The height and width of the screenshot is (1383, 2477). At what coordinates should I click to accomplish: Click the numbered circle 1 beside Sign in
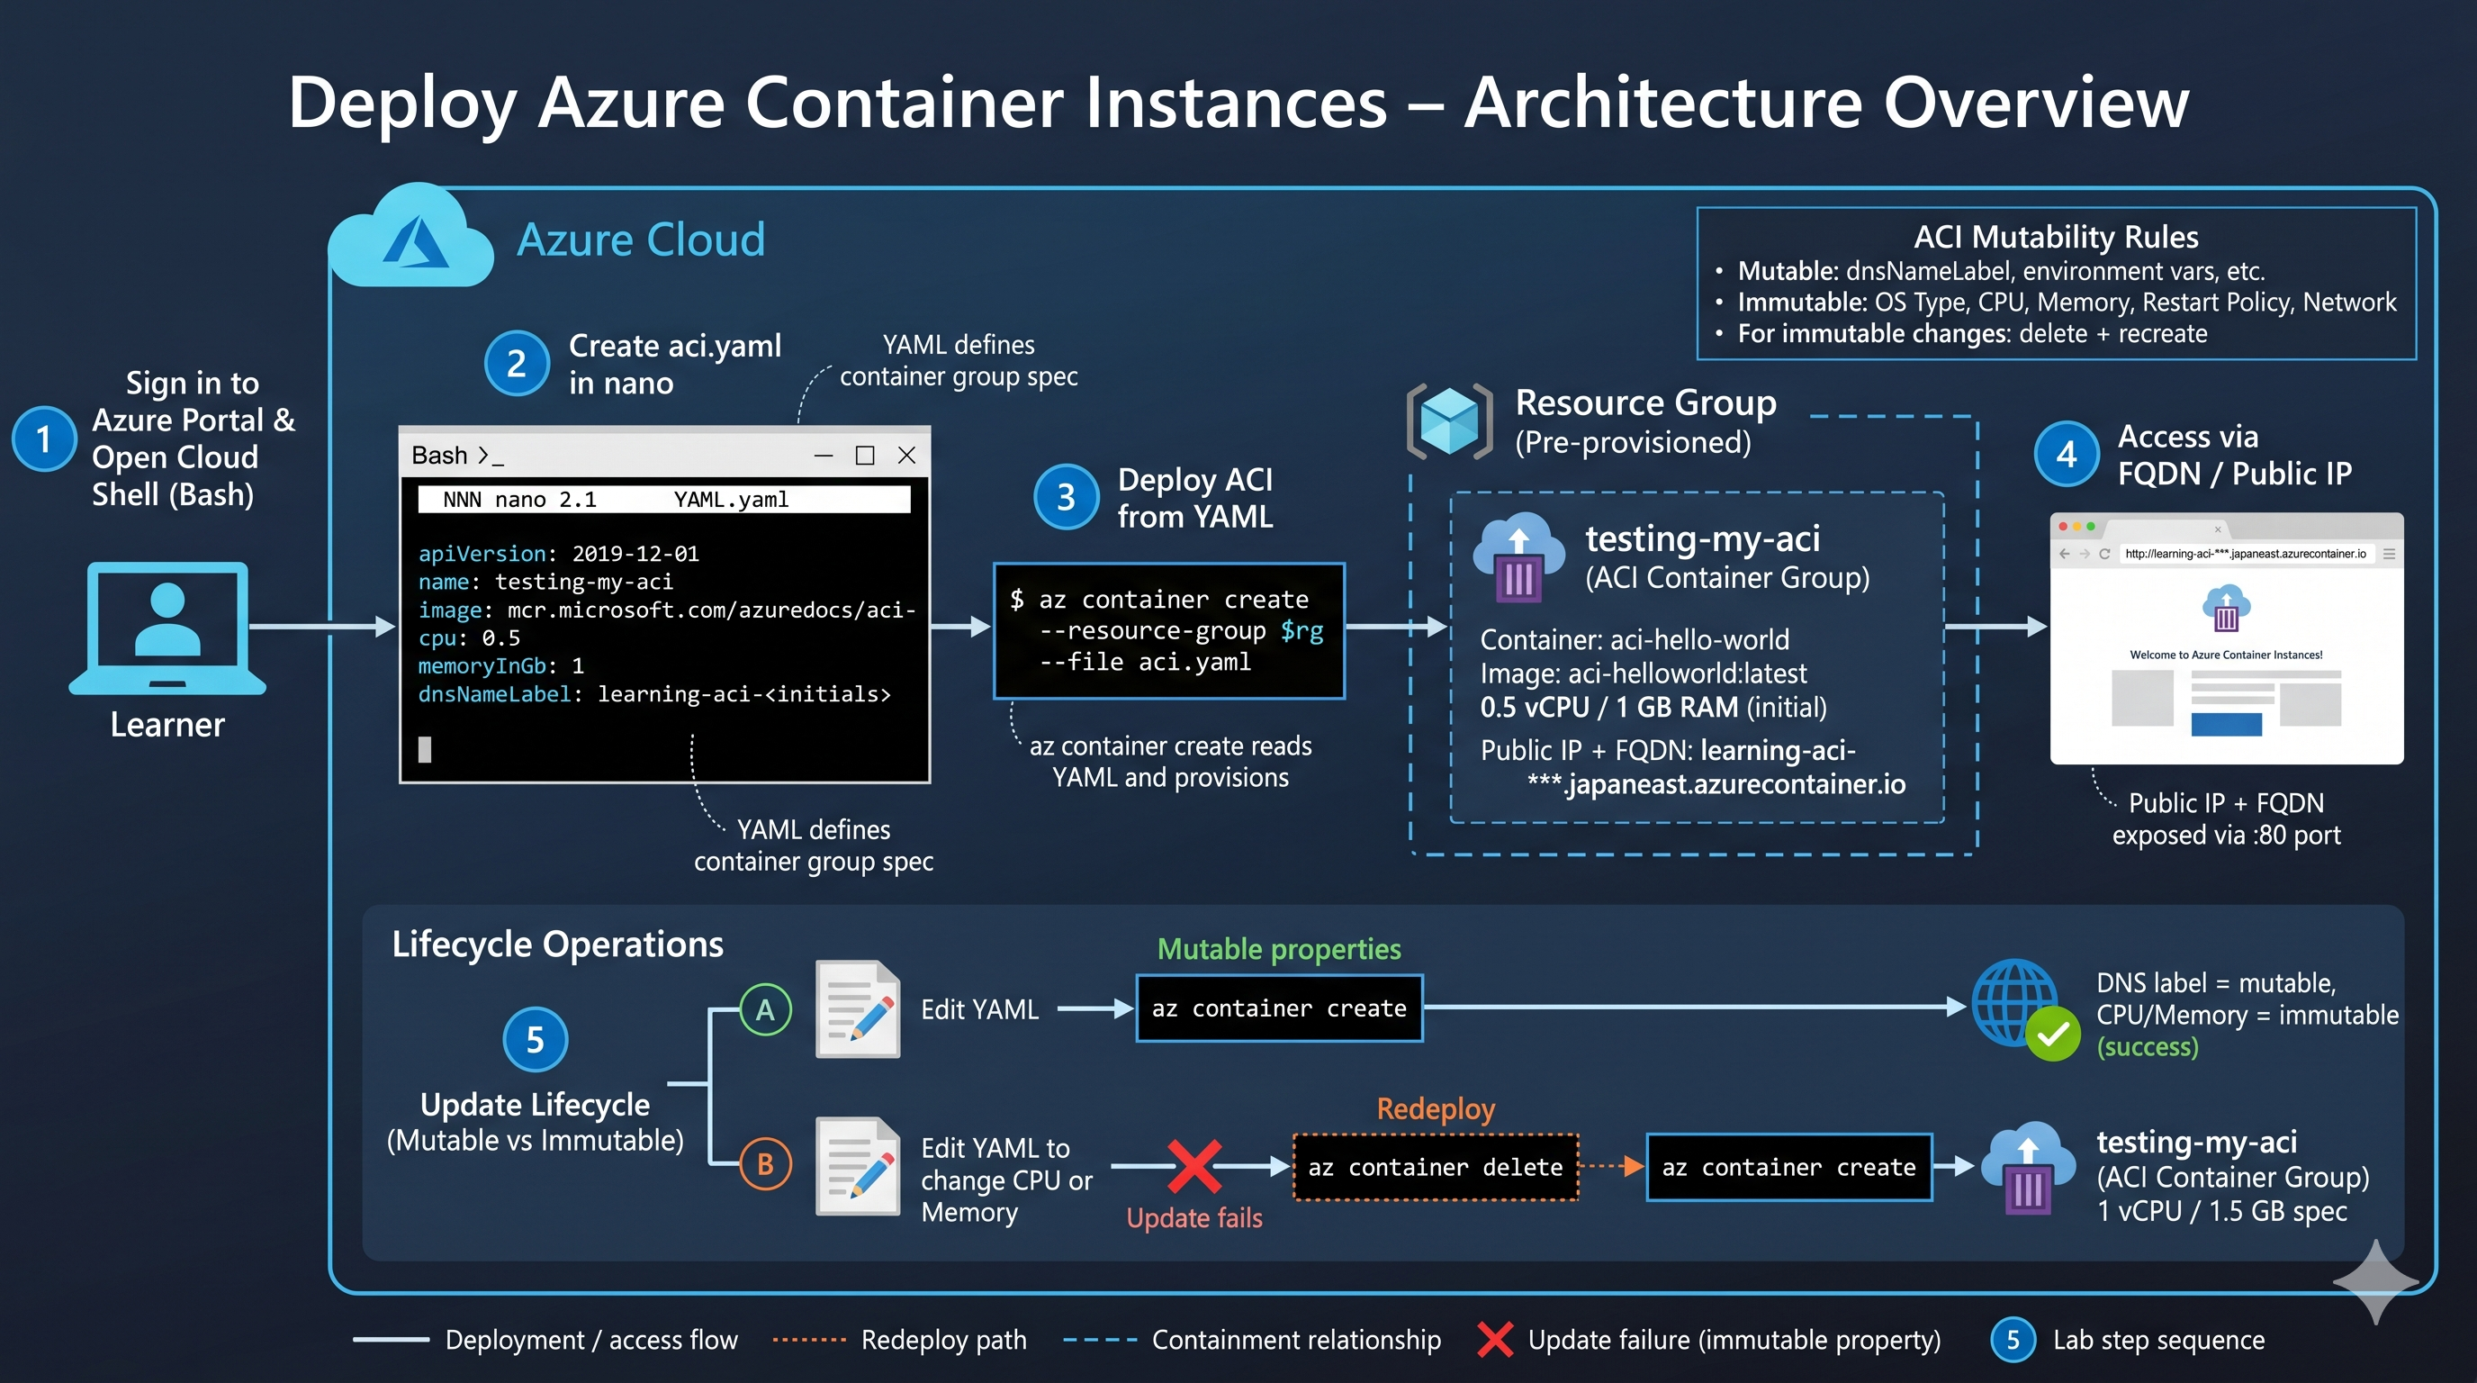click(43, 439)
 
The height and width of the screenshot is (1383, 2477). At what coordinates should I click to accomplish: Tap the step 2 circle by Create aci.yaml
click(517, 364)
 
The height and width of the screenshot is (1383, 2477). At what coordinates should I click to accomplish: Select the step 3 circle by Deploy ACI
click(1066, 497)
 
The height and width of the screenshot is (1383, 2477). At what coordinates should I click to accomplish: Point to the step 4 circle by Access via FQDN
click(2067, 454)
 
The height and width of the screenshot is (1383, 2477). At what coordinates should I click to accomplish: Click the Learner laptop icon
click(167, 628)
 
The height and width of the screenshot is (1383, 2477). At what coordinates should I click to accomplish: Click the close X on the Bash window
click(905, 455)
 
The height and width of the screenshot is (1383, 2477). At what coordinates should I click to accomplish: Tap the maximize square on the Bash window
click(864, 455)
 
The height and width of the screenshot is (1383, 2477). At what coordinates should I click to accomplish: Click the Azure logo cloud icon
click(410, 236)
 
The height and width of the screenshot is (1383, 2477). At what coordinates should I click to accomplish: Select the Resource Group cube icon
click(1449, 421)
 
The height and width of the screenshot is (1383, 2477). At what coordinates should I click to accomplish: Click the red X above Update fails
click(1194, 1167)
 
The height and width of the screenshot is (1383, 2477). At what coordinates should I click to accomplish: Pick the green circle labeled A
click(765, 1010)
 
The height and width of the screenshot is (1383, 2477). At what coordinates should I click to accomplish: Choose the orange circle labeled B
click(765, 1163)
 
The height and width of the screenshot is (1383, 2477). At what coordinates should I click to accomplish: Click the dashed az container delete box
click(1436, 1168)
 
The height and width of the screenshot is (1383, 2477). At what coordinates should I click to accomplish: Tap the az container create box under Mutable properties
click(1279, 1008)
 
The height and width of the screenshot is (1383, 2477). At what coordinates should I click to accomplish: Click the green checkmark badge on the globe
click(2053, 1034)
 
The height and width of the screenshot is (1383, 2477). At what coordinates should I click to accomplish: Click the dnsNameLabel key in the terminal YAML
click(494, 693)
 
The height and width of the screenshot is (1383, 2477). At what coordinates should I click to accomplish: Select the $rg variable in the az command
click(1302, 631)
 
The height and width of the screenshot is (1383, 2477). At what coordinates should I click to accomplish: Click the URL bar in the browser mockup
click(2246, 554)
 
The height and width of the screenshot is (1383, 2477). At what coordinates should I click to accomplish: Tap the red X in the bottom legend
click(1495, 1340)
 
